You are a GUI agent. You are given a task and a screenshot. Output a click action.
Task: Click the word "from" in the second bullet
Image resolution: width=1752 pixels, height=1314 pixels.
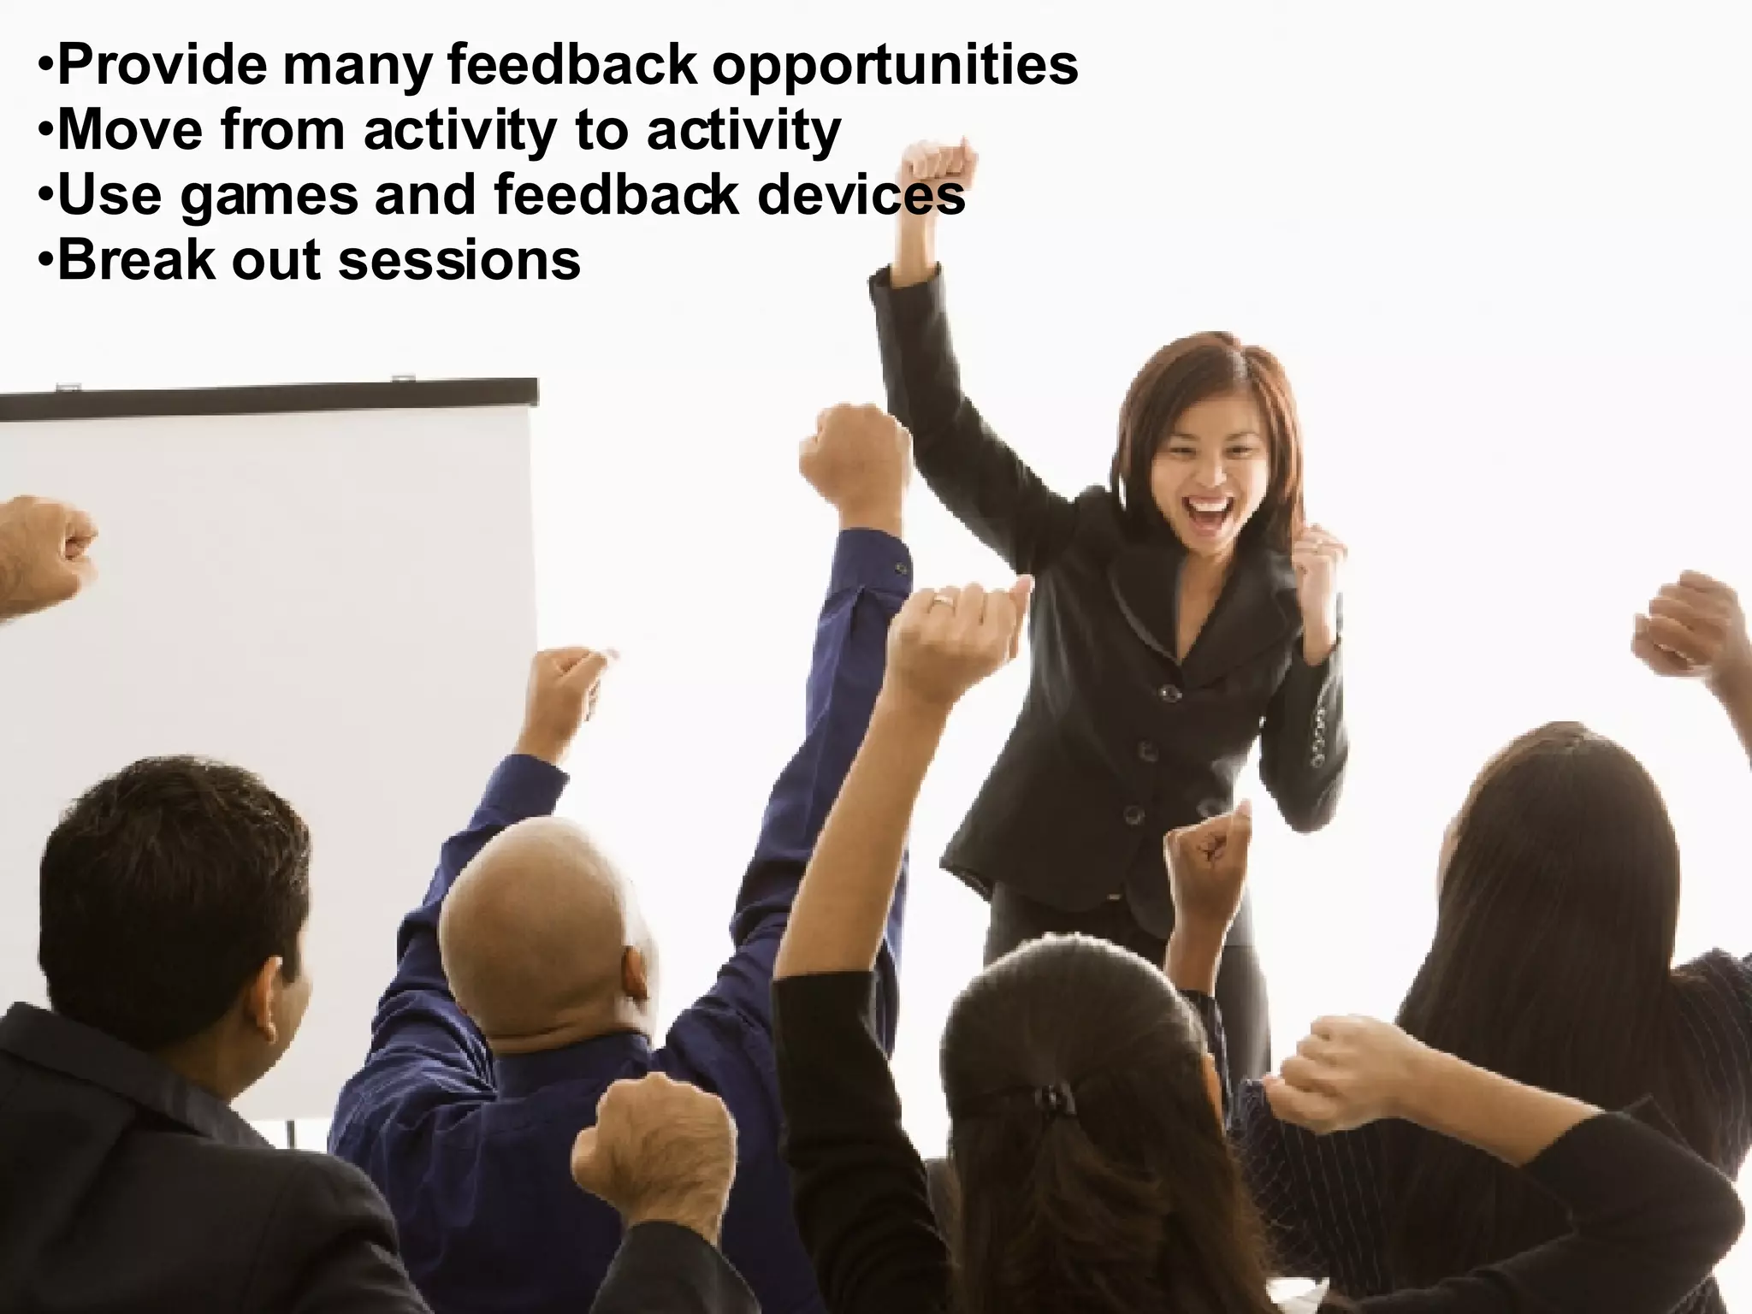click(282, 130)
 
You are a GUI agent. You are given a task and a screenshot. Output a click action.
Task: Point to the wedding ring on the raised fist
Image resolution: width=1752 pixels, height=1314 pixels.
click(941, 601)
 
